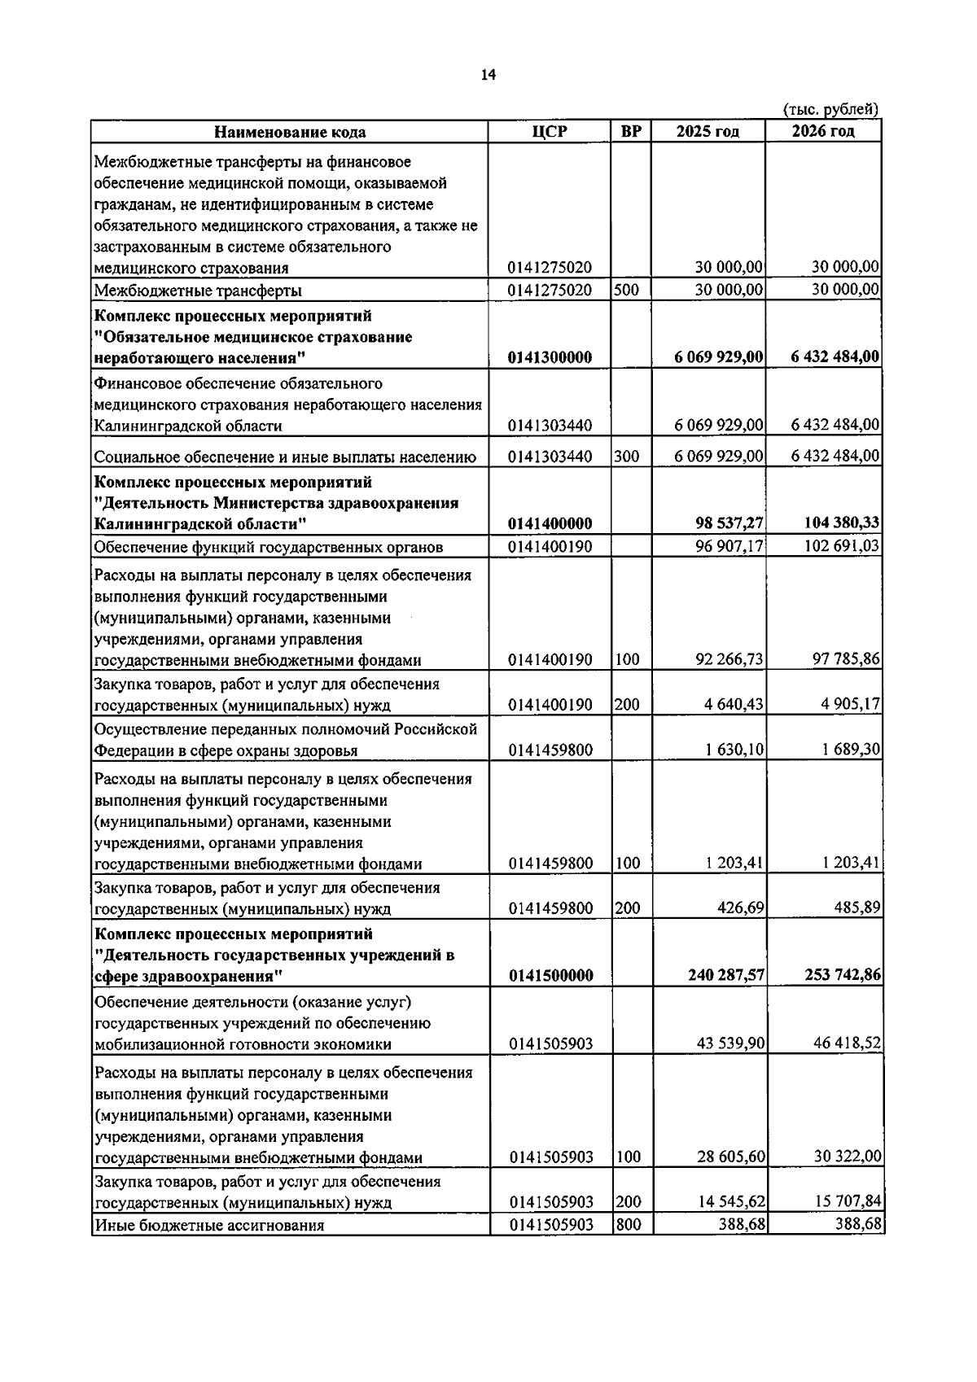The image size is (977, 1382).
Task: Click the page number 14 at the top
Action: pyautogui.click(x=488, y=75)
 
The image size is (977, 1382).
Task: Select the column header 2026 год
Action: pyautogui.click(x=823, y=132)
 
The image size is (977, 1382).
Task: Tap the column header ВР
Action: pyautogui.click(x=631, y=132)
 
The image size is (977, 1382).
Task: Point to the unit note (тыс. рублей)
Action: pyautogui.click(x=830, y=110)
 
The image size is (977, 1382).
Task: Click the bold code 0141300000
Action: pyautogui.click(x=550, y=357)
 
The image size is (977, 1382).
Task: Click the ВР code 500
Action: pyautogui.click(x=626, y=290)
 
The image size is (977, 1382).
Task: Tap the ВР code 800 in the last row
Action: pyautogui.click(x=628, y=1224)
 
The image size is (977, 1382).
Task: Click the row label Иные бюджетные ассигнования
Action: pyautogui.click(x=209, y=1225)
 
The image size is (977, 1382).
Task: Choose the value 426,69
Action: pyautogui.click(x=740, y=907)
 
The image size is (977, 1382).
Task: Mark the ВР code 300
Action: pyautogui.click(x=626, y=457)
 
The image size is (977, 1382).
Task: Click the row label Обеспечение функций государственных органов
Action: pyautogui.click(x=269, y=546)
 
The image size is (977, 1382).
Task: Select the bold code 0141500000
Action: pyautogui.click(x=550, y=975)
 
